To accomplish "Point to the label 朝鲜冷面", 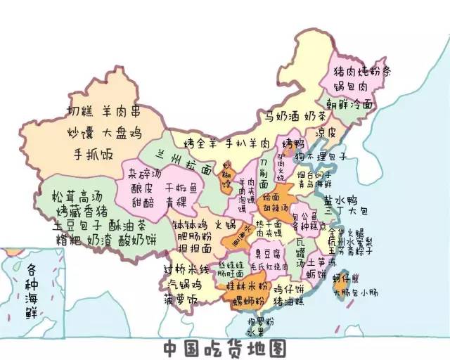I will (x=351, y=104).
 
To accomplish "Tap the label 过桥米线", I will (x=186, y=270).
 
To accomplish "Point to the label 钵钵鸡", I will (x=188, y=226).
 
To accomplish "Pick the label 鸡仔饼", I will (x=288, y=288).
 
